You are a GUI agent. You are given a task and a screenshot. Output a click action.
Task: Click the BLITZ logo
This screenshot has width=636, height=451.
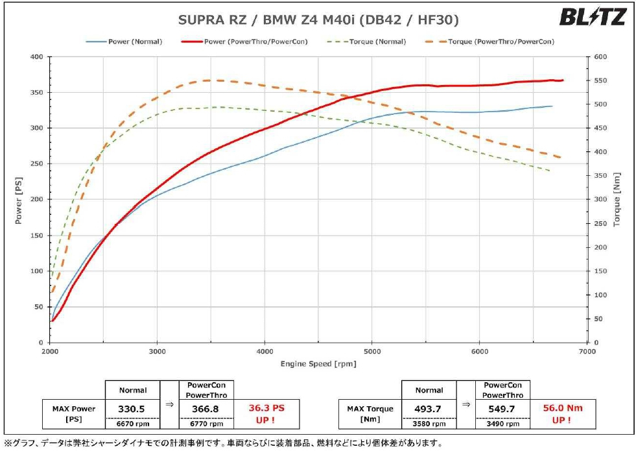(x=593, y=17)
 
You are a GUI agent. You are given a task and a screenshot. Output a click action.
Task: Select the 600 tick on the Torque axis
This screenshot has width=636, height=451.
(x=599, y=57)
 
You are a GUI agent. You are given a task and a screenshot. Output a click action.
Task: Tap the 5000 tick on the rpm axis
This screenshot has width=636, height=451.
(x=371, y=350)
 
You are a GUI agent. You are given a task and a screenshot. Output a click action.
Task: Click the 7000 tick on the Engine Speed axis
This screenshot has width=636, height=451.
(x=586, y=350)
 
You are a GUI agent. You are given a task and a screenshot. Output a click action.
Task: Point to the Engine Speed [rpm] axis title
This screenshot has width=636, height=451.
(x=318, y=363)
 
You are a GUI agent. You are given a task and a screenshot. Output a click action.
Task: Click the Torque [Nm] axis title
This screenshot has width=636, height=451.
(x=617, y=199)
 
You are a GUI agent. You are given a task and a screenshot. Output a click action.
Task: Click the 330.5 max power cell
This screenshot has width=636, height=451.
(x=132, y=409)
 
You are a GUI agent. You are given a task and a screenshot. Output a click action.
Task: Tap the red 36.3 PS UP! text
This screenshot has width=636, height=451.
(x=266, y=413)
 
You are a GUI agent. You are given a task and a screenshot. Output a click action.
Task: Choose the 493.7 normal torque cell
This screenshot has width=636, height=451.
(x=429, y=409)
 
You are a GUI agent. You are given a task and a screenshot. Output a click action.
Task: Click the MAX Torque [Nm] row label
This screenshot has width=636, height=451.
(x=370, y=413)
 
